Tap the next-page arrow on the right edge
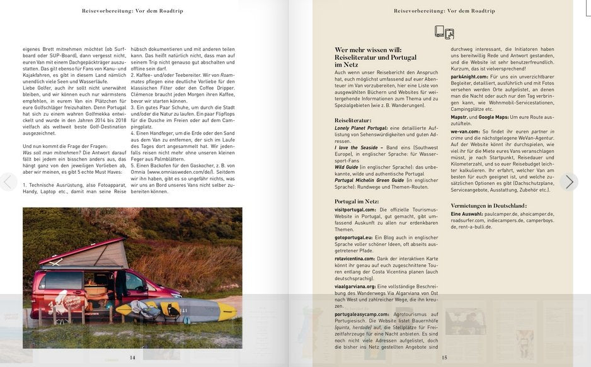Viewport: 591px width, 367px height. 569,183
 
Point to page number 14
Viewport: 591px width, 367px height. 132,358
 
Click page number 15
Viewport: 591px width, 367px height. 444,358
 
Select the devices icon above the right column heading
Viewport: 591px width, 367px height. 444,33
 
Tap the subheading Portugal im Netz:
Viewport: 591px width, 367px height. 357,201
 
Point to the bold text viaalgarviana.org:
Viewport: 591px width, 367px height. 355,286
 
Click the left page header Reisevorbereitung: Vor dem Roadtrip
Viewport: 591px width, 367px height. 132,11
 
